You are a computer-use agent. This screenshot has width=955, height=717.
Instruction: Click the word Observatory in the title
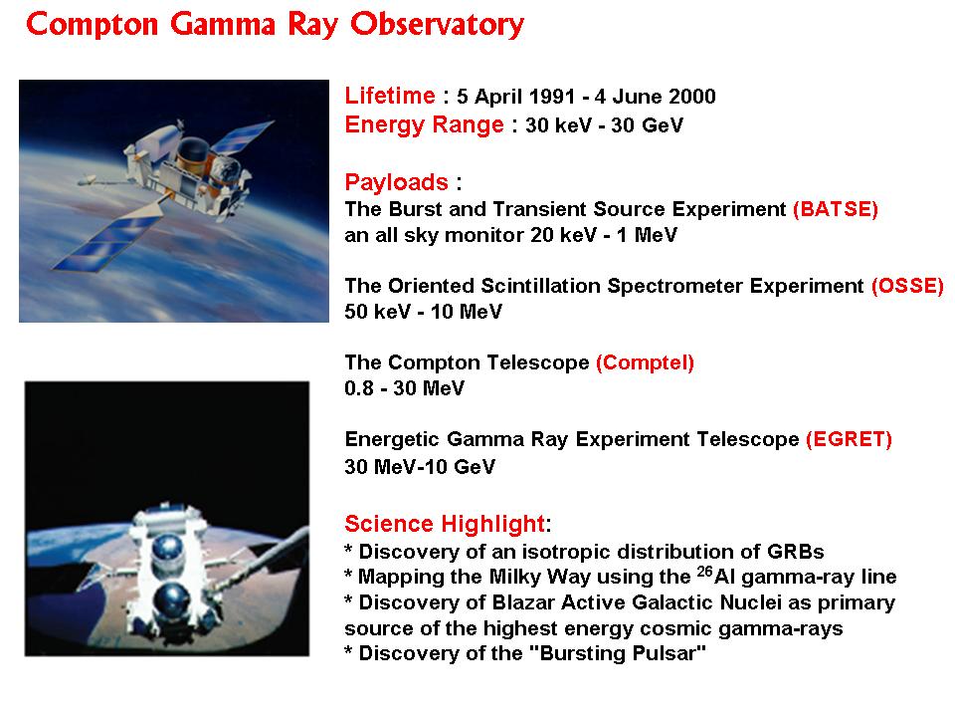click(437, 24)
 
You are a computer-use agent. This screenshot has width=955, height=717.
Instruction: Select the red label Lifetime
click(390, 96)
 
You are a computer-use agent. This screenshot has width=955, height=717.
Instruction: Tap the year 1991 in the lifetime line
click(551, 97)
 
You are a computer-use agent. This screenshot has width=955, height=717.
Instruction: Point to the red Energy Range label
click(424, 125)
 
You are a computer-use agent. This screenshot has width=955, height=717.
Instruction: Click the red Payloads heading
click(397, 182)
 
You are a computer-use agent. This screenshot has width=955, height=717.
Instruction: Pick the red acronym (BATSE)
click(835, 209)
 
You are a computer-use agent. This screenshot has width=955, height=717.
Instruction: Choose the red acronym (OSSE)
click(907, 286)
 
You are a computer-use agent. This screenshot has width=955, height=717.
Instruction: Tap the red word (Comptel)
click(645, 362)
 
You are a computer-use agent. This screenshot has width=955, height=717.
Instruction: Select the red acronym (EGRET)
click(849, 439)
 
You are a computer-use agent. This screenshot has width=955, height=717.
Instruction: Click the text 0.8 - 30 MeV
click(405, 388)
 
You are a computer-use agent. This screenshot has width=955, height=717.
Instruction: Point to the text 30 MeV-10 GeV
click(420, 466)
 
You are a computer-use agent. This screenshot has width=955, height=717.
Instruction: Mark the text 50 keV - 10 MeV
click(424, 312)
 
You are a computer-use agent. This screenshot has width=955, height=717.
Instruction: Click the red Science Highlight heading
click(445, 524)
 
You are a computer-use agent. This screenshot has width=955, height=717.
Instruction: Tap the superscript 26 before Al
click(705, 572)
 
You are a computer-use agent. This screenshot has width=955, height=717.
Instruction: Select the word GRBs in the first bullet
click(796, 552)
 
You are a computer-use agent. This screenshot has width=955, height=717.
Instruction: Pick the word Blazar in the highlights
click(523, 602)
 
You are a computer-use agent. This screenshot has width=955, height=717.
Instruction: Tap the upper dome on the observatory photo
click(167, 549)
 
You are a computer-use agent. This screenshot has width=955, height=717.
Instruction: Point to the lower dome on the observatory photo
click(171, 600)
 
